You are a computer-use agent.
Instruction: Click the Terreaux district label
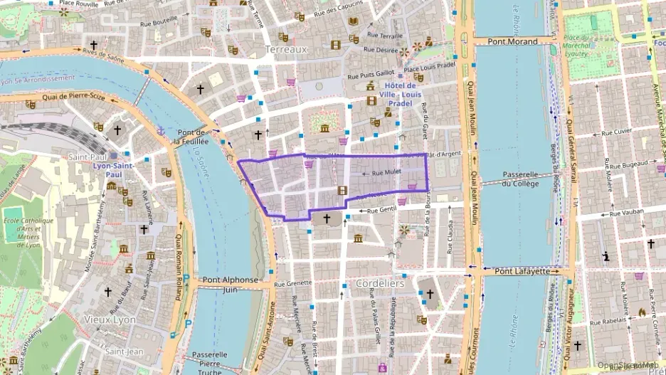click(285, 50)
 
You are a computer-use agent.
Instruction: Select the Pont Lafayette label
click(522, 271)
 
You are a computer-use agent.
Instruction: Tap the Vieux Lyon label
click(109, 319)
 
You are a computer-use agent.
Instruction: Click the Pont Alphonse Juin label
click(230, 285)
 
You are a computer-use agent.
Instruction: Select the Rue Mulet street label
click(387, 172)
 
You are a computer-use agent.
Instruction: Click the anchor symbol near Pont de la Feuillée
click(161, 131)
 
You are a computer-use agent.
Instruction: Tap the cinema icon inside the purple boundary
click(342, 190)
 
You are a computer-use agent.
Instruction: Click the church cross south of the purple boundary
click(327, 218)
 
